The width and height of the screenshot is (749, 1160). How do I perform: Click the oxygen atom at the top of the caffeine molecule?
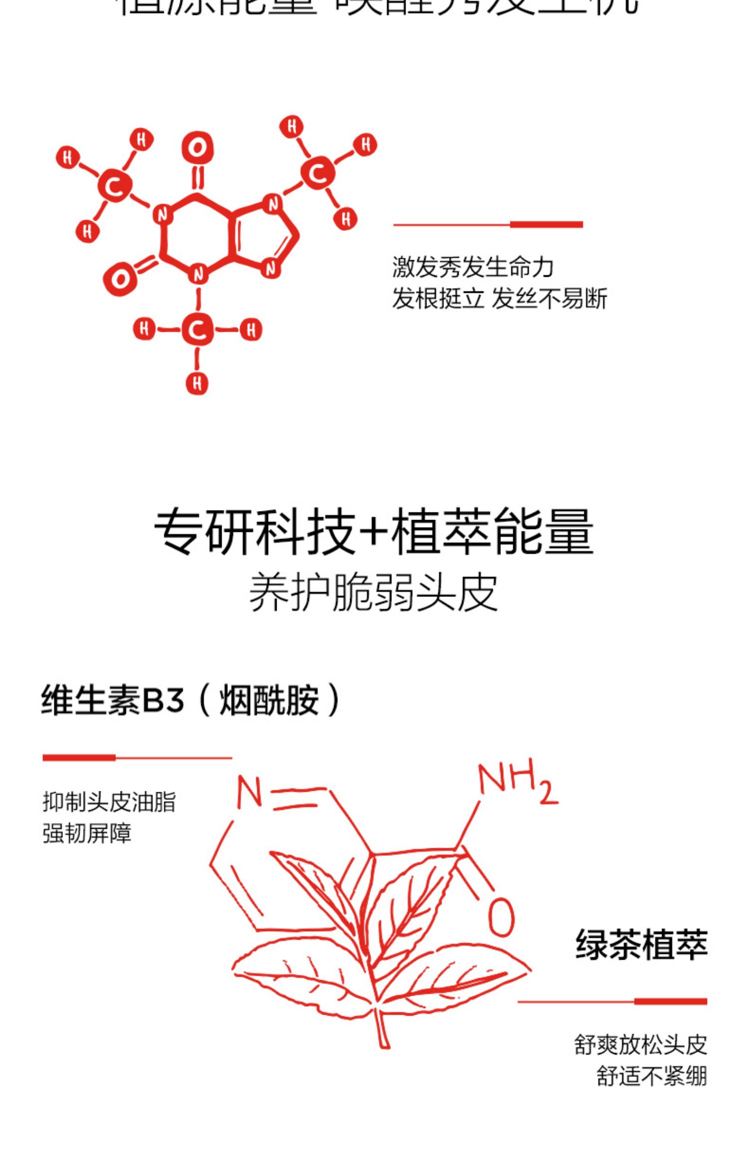[197, 148]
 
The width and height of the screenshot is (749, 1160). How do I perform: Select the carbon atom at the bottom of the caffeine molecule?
[198, 330]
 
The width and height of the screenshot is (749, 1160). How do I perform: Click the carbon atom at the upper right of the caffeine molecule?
[318, 173]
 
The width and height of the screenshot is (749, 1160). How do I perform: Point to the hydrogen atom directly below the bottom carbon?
[197, 383]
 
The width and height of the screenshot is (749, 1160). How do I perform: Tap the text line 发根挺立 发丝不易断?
[499, 299]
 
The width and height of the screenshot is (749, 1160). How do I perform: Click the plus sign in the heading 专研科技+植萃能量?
[374, 532]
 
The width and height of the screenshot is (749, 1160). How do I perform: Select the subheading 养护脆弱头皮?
[374, 592]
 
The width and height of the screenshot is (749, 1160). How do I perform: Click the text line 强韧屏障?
[87, 833]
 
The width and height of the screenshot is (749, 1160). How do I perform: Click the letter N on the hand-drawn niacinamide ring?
[249, 793]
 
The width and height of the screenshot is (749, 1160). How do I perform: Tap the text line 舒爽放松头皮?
[641, 1045]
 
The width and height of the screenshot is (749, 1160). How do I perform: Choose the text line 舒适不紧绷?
[652, 1076]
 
